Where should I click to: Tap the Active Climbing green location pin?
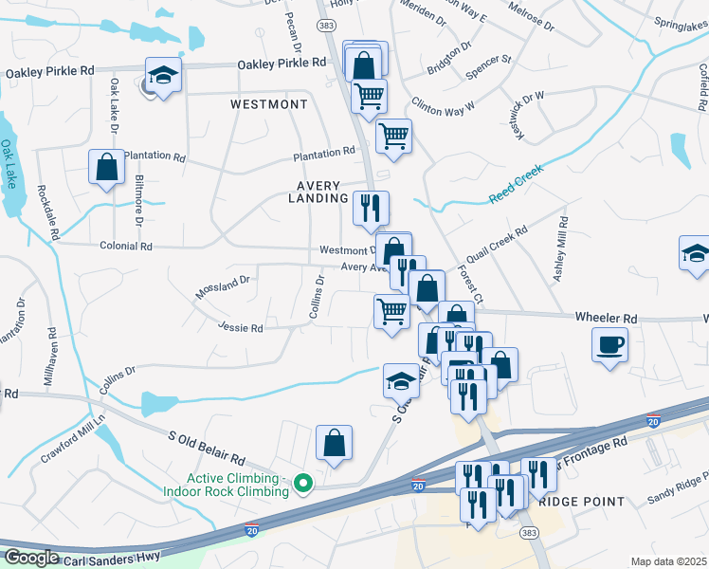point(303,484)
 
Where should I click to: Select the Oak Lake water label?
point(9,164)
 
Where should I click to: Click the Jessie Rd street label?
point(240,328)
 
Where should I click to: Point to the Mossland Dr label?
point(222,287)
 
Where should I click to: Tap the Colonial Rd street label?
point(126,246)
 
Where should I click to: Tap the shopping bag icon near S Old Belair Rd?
point(334,442)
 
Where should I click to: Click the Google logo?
point(30,558)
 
